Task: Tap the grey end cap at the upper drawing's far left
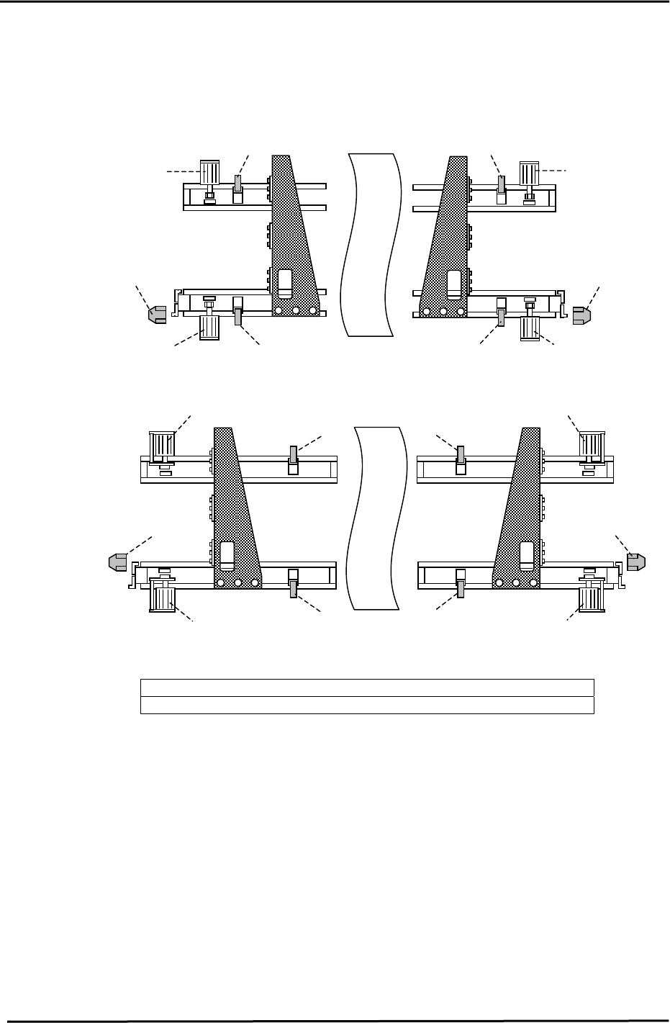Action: pyautogui.click(x=157, y=314)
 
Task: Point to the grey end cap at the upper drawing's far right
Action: pyautogui.click(x=581, y=314)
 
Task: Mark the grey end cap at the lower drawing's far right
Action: pyautogui.click(x=636, y=562)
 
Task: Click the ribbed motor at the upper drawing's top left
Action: pyautogui.click(x=209, y=173)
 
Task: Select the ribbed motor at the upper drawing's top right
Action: pyautogui.click(x=530, y=173)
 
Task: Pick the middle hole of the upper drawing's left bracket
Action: pyautogui.click(x=296, y=311)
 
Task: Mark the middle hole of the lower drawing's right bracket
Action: pyautogui.click(x=516, y=583)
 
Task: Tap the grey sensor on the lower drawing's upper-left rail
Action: pyautogui.click(x=293, y=454)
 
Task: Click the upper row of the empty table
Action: pyautogui.click(x=366, y=688)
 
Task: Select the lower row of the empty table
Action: pyautogui.click(x=366, y=705)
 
